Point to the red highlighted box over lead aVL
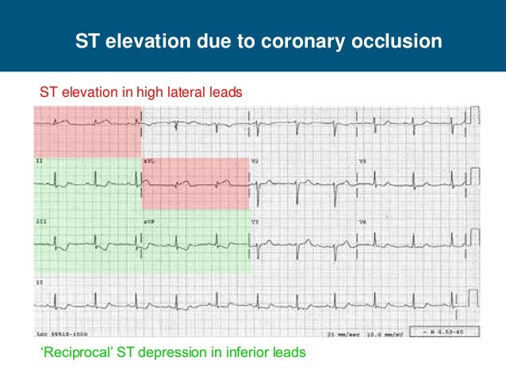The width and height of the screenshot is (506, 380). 196,183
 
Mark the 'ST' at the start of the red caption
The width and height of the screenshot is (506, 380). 48,93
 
